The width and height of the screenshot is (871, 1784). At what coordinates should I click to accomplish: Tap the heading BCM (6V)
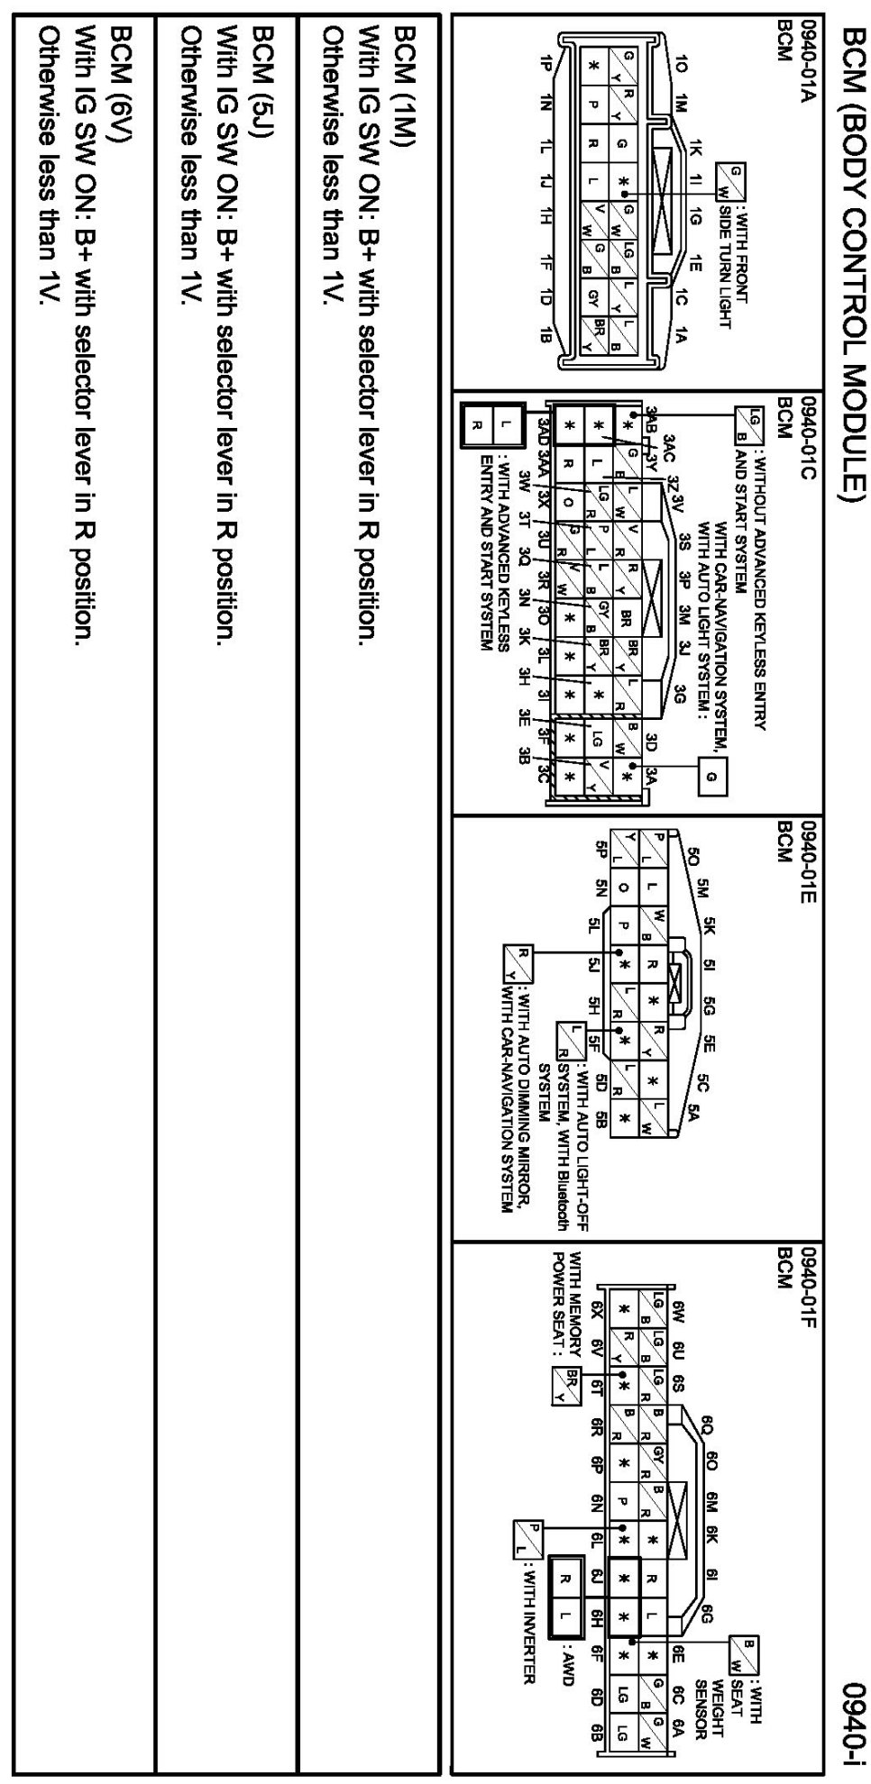click(120, 76)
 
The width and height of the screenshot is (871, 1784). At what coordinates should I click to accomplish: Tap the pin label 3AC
click(668, 444)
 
